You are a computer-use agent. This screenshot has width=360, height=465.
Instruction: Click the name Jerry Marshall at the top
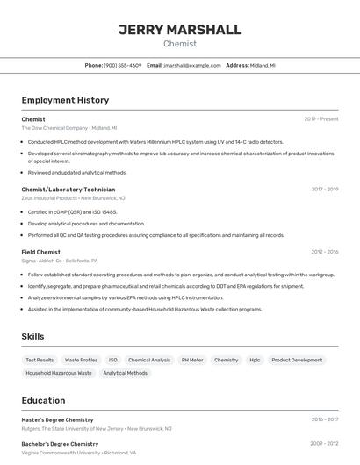[x=180, y=30]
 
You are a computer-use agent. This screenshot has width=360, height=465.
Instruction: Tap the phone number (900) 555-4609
[x=122, y=65]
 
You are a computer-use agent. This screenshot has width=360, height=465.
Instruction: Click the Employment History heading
[x=65, y=100]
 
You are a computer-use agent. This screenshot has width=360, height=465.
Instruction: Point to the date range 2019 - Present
[x=321, y=118]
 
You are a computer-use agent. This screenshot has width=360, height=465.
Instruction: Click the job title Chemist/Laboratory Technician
[x=68, y=189]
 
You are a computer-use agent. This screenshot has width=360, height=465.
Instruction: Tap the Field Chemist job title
[x=41, y=252]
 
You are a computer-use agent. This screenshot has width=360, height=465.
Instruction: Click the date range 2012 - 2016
[x=324, y=252]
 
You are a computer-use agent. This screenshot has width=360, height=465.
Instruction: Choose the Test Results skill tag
[x=40, y=360]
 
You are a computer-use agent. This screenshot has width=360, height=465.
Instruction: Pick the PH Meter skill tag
[x=192, y=360]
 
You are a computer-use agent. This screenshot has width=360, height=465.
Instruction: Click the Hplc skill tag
[x=255, y=360]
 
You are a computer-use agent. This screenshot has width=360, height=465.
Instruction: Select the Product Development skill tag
[x=297, y=360]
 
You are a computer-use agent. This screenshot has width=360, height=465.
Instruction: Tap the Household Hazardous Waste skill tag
[x=59, y=373]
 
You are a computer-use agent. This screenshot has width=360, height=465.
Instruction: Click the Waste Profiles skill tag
[x=81, y=360]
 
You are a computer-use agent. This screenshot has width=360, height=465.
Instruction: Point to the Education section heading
[x=43, y=400]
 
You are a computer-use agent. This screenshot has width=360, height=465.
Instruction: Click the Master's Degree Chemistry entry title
[x=57, y=419]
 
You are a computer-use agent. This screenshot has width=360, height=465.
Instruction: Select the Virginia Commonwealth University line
[x=79, y=453]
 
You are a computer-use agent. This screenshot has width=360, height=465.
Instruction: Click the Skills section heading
[x=32, y=336]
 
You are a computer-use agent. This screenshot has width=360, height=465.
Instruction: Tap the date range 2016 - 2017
[x=324, y=419]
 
